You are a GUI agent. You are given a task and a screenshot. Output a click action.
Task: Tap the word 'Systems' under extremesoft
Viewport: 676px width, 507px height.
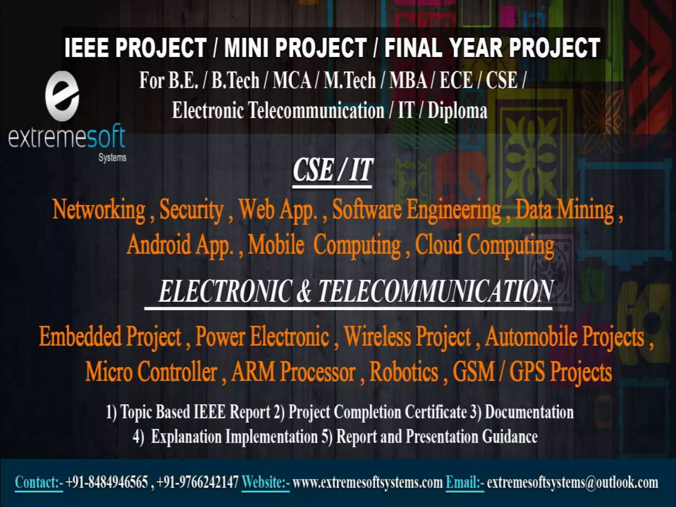click(112, 157)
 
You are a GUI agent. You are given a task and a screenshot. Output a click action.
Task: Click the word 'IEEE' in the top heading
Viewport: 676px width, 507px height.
click(86, 48)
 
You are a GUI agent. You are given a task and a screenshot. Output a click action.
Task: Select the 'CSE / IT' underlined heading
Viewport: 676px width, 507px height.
click(332, 170)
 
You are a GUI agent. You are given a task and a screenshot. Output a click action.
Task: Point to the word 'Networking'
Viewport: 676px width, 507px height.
click(99, 209)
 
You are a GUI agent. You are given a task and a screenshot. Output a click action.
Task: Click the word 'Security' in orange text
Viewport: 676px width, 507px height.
click(191, 210)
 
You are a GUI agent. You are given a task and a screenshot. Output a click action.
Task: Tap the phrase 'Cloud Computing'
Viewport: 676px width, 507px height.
click(484, 245)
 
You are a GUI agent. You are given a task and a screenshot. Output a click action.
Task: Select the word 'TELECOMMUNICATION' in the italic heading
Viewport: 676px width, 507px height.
click(435, 291)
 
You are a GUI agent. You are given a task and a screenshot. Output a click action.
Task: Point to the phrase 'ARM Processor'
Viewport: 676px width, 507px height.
click(293, 372)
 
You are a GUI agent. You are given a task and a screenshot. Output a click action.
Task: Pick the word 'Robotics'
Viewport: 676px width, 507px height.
click(404, 372)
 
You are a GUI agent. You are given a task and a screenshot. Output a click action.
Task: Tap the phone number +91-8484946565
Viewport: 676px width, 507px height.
click(107, 482)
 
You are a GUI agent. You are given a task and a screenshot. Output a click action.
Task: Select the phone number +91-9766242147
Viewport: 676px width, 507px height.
click(197, 482)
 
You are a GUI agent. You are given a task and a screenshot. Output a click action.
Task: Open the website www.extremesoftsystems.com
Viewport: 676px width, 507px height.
click(367, 482)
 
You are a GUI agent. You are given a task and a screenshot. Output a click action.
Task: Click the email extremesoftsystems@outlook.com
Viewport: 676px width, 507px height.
click(572, 482)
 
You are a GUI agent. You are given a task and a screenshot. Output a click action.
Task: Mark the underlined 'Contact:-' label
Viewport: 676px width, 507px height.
click(39, 482)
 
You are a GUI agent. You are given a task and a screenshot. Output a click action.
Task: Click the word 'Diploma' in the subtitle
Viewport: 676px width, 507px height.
click(457, 111)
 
